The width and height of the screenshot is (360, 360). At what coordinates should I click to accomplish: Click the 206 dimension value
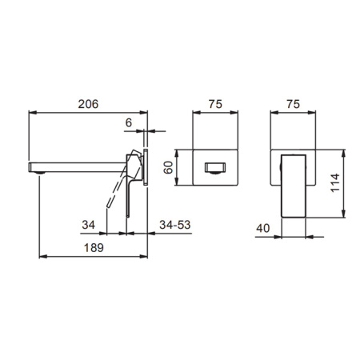pos(88,104)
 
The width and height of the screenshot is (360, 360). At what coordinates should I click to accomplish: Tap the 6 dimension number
pos(129,122)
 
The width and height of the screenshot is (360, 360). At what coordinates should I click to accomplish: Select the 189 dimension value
pos(94,248)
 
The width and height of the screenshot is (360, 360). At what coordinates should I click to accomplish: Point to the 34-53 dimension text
pos(175,225)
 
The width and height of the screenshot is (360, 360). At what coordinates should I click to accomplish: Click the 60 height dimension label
pos(168,167)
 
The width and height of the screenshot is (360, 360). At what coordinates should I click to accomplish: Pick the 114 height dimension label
pos(335,182)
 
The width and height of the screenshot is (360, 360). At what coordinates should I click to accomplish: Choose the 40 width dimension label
pos(263,228)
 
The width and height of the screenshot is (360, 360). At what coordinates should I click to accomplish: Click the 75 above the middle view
pos(215,104)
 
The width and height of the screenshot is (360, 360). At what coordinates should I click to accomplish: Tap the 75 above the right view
pos(293,104)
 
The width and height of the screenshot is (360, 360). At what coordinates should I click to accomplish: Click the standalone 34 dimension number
pos(88,225)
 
